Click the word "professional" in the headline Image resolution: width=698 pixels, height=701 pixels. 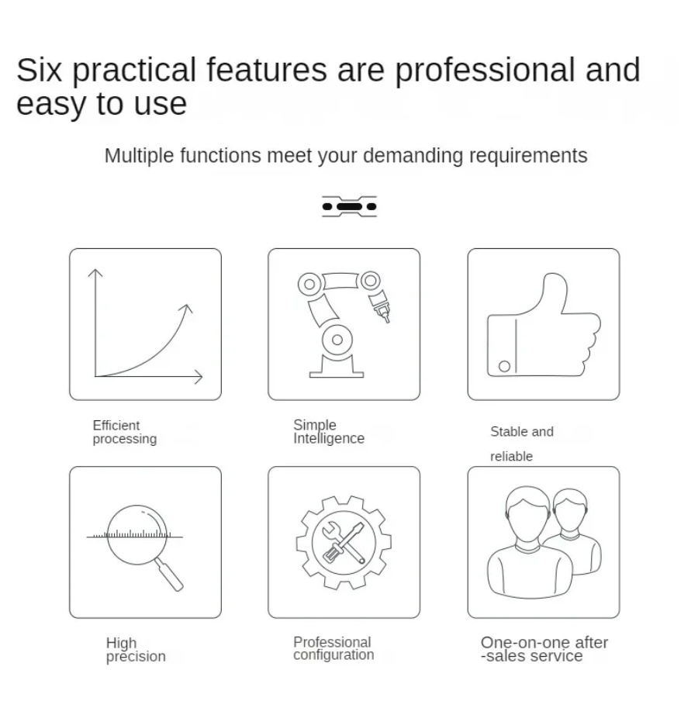485,71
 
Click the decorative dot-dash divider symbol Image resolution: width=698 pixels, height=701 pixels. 349,206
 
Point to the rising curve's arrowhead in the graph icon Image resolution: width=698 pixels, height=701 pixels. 187,309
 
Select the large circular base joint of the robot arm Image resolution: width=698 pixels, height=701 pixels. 337,340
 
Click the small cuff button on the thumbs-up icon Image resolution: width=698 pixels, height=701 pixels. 504,366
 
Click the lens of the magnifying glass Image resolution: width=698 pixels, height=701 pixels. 136,535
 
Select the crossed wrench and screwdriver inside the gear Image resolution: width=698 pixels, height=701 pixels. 343,542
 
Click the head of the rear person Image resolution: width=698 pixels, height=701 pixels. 570,510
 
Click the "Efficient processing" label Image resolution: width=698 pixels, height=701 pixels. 125,432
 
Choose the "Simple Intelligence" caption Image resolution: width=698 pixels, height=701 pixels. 329,431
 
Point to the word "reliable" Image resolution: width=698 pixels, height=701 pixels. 512,457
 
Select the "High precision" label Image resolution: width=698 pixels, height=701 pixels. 136,650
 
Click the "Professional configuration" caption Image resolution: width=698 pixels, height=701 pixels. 333,648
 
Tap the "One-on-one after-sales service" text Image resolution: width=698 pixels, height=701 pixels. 544,649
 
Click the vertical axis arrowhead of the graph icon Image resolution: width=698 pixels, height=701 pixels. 95,273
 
